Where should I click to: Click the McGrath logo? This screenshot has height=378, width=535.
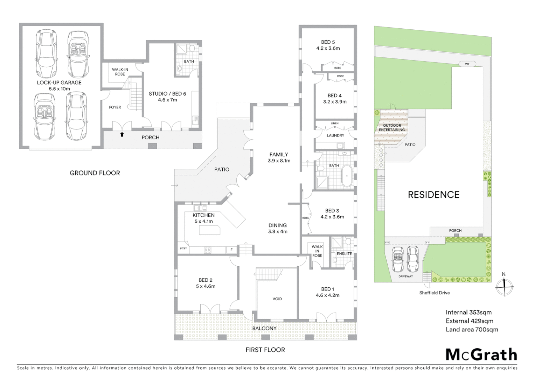pos(481,355)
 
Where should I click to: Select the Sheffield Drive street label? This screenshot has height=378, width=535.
pos(435,293)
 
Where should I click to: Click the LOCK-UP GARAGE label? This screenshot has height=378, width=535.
pos(59,83)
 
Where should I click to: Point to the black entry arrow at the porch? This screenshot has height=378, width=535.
pos(122,134)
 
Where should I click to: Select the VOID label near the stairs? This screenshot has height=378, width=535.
pos(277,299)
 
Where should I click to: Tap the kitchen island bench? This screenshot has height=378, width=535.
pos(209,230)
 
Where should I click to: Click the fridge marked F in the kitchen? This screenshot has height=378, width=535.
pos(231,250)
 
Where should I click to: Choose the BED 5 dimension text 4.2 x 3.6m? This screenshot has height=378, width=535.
pos(328,48)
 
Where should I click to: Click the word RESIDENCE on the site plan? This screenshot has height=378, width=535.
pos(433,195)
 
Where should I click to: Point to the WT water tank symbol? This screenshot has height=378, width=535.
pos(467,64)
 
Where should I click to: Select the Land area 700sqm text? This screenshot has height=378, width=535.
pos(472,329)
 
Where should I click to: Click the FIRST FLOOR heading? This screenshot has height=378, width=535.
pos(265,350)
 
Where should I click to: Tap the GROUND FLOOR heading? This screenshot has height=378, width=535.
pos(95,173)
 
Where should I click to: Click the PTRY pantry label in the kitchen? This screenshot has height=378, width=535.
pos(183,248)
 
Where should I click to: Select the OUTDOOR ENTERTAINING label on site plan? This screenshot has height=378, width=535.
pos(392,127)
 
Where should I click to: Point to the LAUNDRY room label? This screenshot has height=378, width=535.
pos(335,135)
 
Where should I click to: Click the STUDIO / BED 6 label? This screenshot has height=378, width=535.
pos(167,93)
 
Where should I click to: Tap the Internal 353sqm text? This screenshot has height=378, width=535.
pos(468,312)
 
